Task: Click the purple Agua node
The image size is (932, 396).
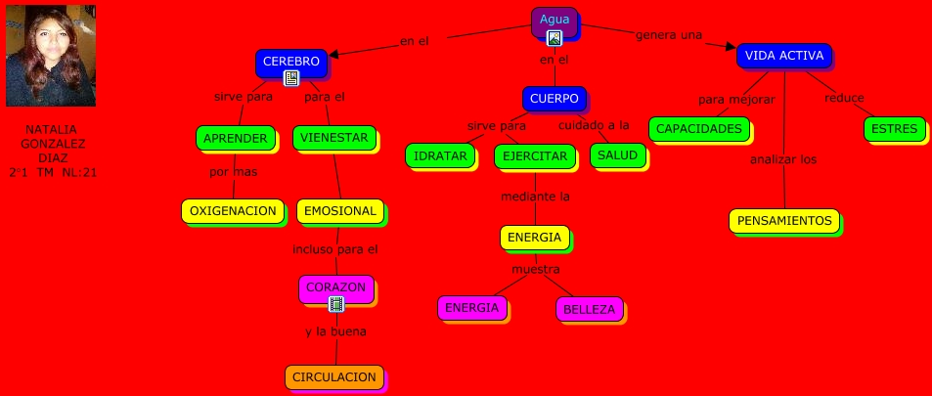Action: [554, 20]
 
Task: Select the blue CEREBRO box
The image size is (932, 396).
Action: [290, 62]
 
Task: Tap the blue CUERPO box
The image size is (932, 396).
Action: [554, 98]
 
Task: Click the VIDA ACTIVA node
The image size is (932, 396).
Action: [783, 55]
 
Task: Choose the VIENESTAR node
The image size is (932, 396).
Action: [333, 138]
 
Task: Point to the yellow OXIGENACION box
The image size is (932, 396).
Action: [233, 210]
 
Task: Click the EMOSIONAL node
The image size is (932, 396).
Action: [339, 210]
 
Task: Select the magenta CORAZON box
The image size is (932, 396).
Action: [335, 287]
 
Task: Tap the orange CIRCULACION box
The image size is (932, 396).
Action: [333, 376]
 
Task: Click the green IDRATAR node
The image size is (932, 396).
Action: [439, 155]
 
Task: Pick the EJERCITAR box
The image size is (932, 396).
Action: [531, 155]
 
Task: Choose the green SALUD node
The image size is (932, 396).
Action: [617, 155]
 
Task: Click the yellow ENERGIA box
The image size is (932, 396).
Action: [534, 237]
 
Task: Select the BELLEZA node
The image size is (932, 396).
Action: [589, 310]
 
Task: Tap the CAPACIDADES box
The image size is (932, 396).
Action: [698, 128]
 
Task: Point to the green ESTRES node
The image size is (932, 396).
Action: [894, 128]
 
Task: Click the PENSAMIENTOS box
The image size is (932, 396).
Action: [784, 220]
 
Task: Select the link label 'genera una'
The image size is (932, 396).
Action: [669, 35]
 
